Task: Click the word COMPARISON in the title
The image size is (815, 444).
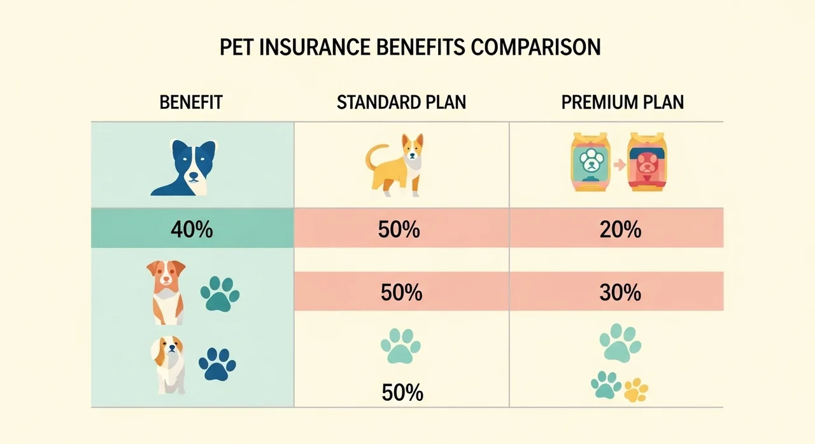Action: tap(535, 47)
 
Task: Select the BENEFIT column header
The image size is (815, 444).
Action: tap(191, 102)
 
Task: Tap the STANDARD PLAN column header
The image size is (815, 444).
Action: tap(401, 102)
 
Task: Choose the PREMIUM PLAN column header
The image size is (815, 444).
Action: tap(623, 102)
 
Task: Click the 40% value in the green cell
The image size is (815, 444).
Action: tap(192, 230)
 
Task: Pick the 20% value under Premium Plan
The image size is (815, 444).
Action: tap(620, 230)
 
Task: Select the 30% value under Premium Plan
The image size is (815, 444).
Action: tap(620, 293)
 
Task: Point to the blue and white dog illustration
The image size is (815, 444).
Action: tap(184, 167)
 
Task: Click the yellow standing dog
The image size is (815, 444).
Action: tap(395, 165)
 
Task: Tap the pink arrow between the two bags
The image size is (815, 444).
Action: tap(620, 165)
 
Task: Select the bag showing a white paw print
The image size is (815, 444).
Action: tap(590, 162)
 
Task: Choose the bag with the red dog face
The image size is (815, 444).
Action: tap(647, 162)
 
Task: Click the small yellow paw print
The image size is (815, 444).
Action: tap(636, 390)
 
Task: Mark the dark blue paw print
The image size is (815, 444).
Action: tap(217, 364)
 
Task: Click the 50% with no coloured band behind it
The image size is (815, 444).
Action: tap(402, 392)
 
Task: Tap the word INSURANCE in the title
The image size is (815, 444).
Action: tap(315, 47)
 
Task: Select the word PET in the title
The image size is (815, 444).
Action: tap(236, 47)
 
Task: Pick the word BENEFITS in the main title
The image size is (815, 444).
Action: tap(420, 47)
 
